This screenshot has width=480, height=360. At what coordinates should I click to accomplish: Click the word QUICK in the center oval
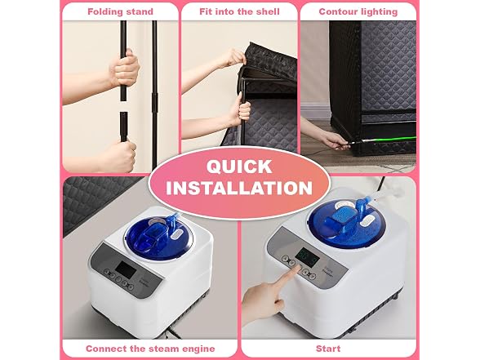click(239, 167)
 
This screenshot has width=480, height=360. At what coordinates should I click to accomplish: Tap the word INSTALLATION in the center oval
click(239, 188)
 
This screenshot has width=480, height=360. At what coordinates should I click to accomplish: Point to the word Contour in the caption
click(337, 11)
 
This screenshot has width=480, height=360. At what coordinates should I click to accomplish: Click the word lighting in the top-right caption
click(378, 12)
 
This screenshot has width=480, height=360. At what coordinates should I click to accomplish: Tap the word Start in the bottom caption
click(328, 349)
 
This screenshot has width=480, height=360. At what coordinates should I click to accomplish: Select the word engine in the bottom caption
click(200, 349)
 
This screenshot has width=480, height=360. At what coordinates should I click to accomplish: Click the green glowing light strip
click(389, 140)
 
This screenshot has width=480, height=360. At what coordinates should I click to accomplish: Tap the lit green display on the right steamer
click(309, 256)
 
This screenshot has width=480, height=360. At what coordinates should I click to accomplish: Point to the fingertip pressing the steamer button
click(296, 269)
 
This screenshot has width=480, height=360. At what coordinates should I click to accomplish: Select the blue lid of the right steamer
click(348, 221)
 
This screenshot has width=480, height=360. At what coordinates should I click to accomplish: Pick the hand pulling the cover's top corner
click(232, 58)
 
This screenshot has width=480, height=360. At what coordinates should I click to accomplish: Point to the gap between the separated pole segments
click(123, 106)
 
